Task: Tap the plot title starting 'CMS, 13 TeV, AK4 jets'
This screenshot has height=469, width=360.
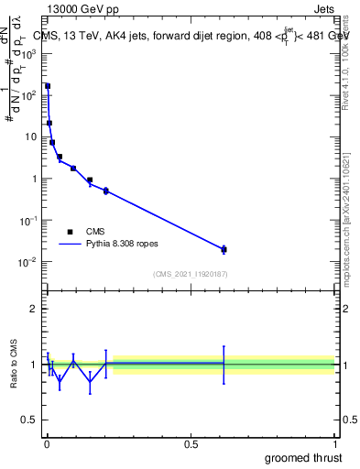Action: (191, 36)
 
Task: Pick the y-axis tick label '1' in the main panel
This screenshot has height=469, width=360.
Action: (35, 179)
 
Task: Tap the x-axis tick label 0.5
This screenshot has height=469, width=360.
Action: (191, 444)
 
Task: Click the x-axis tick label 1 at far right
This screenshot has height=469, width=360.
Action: (334, 444)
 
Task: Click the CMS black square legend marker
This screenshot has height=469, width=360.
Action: (70, 232)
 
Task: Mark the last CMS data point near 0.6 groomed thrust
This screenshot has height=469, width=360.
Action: (224, 249)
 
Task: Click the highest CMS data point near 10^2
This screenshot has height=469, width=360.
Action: (48, 86)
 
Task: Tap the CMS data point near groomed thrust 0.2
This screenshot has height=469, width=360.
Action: (106, 191)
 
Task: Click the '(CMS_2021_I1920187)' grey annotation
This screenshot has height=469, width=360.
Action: (191, 274)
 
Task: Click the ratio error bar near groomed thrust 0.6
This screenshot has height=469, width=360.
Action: (224, 364)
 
